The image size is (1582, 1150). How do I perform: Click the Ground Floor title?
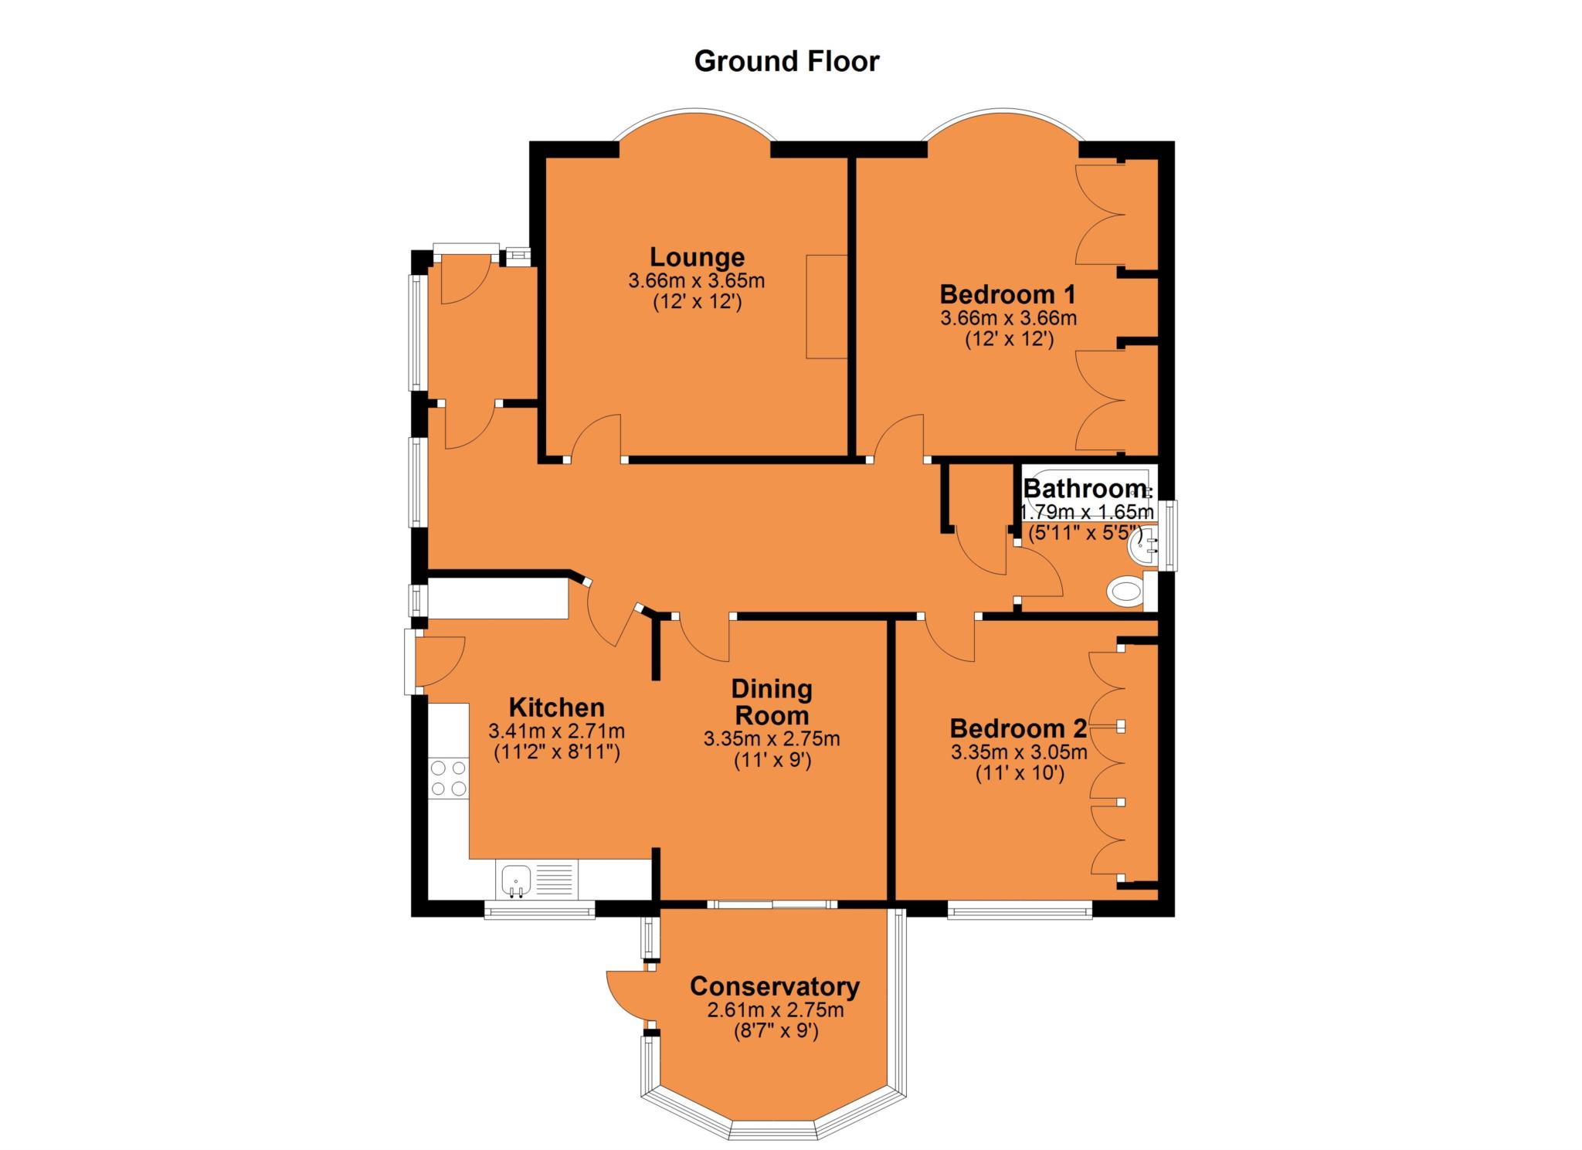(786, 61)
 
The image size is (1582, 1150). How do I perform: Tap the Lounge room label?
(697, 256)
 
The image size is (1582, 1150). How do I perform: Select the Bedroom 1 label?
(1008, 294)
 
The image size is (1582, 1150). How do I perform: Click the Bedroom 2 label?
(1019, 728)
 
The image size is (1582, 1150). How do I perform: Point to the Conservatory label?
(775, 986)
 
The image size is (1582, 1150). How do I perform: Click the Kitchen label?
(556, 707)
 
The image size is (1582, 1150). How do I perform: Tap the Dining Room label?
(772, 702)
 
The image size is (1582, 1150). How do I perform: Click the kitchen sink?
(515, 881)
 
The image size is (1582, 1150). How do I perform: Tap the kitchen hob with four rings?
(449, 779)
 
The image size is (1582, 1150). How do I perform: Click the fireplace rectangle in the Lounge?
(827, 307)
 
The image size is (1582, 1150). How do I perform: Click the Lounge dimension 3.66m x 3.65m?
(697, 280)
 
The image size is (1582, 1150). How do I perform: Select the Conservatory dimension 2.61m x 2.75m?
(775, 1010)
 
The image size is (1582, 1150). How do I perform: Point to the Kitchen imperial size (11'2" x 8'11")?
(557, 752)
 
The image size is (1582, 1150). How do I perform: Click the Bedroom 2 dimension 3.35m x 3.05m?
(1019, 752)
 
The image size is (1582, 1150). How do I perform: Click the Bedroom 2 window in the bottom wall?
(1020, 912)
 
